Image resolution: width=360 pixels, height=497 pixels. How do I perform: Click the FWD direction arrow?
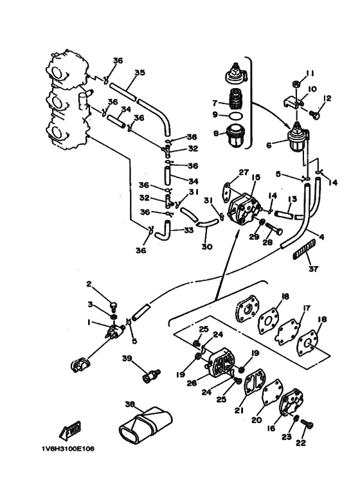click(x=70, y=430)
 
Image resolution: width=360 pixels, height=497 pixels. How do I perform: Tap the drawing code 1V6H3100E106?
click(x=67, y=449)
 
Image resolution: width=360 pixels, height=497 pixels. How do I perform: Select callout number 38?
click(x=130, y=404)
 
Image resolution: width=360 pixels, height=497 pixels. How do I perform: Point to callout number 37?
click(x=314, y=269)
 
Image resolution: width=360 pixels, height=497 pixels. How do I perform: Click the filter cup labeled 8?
click(x=235, y=136)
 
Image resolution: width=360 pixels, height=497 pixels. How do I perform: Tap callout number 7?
click(x=215, y=103)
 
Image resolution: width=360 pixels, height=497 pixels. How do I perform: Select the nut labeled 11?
click(x=296, y=84)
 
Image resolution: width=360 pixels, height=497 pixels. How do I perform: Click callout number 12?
click(x=327, y=98)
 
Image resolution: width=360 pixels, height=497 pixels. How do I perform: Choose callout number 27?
click(x=244, y=172)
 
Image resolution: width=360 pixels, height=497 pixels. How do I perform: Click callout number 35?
click(x=139, y=73)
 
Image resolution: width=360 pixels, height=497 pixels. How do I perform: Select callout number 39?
click(x=127, y=358)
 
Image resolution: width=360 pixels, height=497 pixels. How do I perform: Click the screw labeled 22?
click(x=307, y=424)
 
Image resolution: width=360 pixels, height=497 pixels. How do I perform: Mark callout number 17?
click(x=307, y=308)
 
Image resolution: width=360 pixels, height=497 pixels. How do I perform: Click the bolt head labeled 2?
click(x=113, y=306)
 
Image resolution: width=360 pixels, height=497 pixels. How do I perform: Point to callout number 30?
click(x=206, y=247)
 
